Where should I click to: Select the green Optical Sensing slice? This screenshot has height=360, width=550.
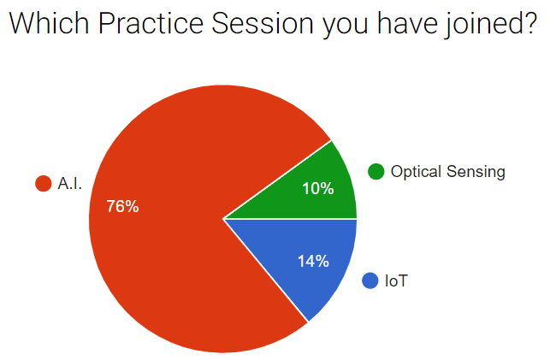click(x=316, y=189)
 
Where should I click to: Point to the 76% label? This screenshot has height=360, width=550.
click(x=122, y=206)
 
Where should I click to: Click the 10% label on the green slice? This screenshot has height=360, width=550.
click(x=318, y=189)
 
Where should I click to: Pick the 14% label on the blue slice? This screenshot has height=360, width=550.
click(x=313, y=261)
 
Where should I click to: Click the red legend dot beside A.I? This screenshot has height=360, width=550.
click(x=44, y=183)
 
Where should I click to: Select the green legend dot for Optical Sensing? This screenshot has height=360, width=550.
click(x=376, y=171)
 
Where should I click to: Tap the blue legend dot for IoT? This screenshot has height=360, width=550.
click(x=370, y=280)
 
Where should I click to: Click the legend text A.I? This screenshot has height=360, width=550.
click(x=70, y=183)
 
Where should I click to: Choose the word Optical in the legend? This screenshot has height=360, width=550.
click(x=416, y=172)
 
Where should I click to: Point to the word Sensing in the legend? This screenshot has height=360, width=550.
click(x=476, y=172)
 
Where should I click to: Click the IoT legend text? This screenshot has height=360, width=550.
click(x=396, y=280)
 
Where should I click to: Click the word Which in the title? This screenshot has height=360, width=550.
click(x=50, y=23)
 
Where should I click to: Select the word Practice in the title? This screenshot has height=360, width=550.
click(x=151, y=23)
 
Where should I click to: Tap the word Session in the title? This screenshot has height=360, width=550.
click(x=263, y=23)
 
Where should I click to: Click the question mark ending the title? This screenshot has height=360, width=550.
click(x=528, y=23)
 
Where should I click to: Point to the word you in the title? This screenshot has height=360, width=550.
click(x=346, y=27)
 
